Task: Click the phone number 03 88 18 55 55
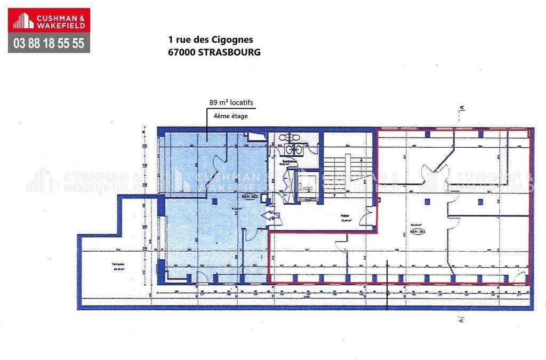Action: (49, 43)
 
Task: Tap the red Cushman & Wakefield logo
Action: (49, 21)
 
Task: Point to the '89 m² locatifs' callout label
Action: (231, 103)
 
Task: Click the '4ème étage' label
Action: (230, 116)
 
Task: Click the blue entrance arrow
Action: (270, 216)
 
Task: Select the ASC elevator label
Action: (307, 188)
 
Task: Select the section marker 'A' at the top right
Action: (463, 108)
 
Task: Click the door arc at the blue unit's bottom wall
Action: (203, 277)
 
